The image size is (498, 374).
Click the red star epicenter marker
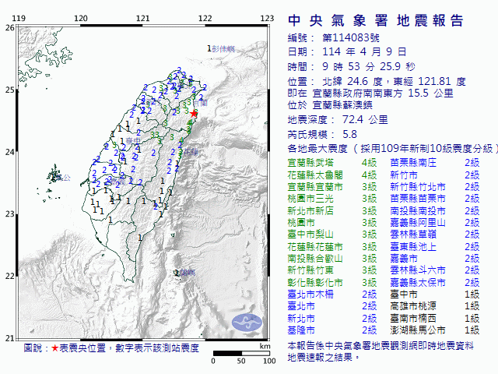(x=194, y=114)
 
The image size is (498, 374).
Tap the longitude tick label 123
(x=267, y=17)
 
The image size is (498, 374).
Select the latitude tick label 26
(x=9, y=28)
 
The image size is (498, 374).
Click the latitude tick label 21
(x=9, y=337)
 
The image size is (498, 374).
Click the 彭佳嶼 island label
(x=224, y=49)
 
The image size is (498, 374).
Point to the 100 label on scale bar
(x=268, y=361)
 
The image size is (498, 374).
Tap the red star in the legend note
(x=54, y=348)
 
